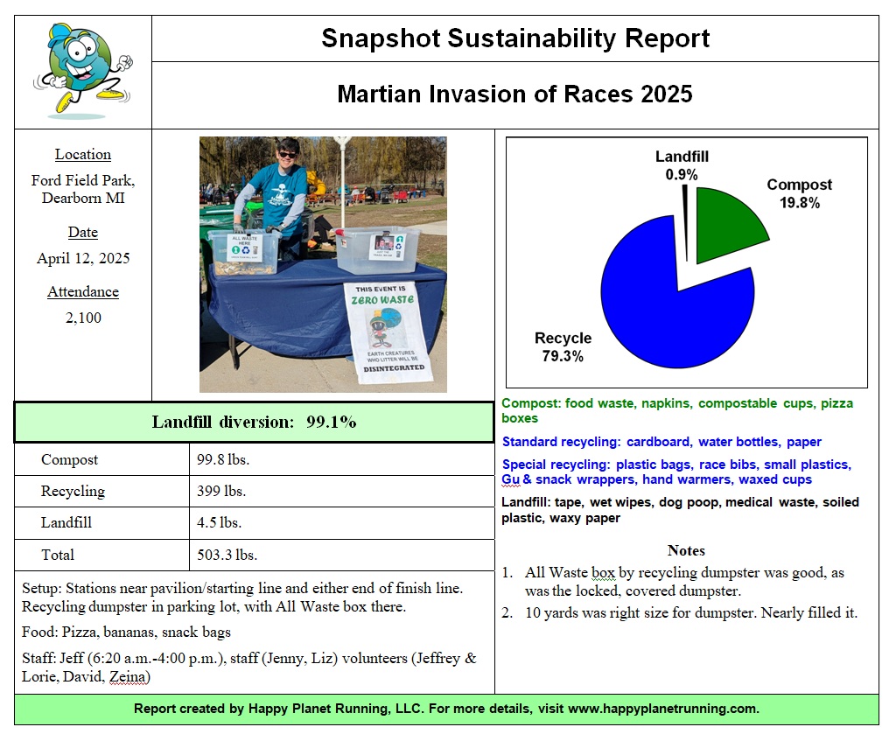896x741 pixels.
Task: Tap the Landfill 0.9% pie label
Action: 682,165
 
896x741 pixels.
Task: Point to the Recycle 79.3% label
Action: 563,347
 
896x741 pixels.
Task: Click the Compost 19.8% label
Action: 799,193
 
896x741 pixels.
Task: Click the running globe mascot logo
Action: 82,70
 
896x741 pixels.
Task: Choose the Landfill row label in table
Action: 66,523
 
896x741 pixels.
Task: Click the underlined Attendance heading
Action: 83,292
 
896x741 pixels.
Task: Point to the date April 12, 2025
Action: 83,259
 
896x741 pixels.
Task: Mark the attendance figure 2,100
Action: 83,318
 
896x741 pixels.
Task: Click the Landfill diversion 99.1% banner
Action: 254,422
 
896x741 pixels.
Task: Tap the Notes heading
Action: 686,550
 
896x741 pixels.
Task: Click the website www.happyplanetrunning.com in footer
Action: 662,709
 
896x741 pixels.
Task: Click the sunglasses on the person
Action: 287,155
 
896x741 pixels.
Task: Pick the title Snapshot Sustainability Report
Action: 515,38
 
